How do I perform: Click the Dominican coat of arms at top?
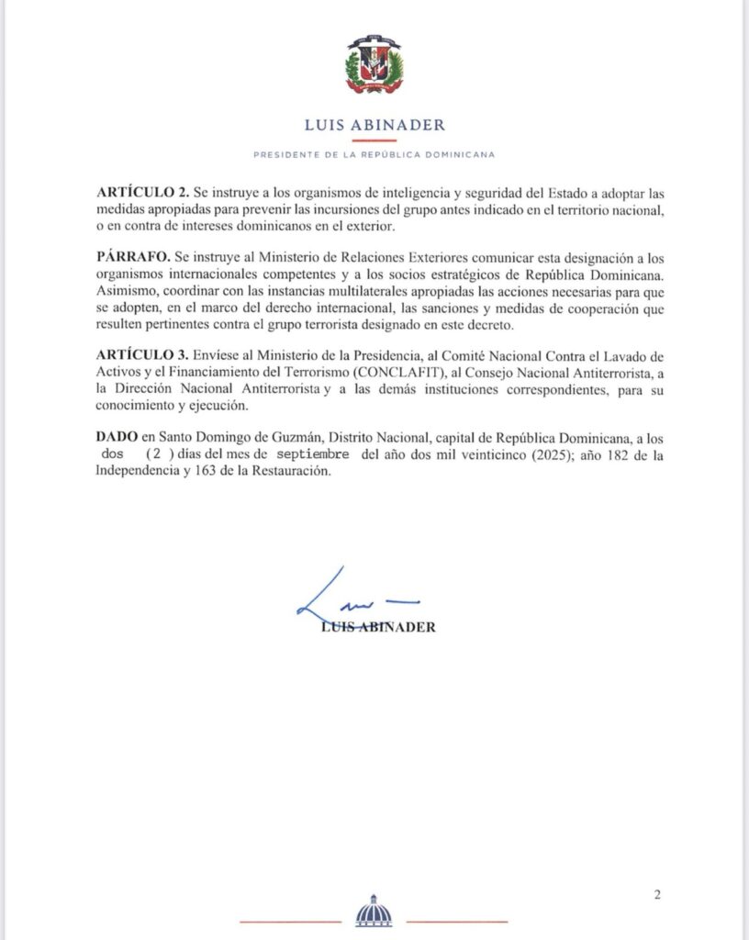(x=374, y=65)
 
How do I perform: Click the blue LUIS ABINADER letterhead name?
(x=374, y=126)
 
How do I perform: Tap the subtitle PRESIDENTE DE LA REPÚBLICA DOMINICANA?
(x=374, y=155)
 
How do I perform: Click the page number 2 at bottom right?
(x=656, y=896)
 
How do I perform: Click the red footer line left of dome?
(x=290, y=920)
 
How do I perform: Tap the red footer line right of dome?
(x=456, y=920)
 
